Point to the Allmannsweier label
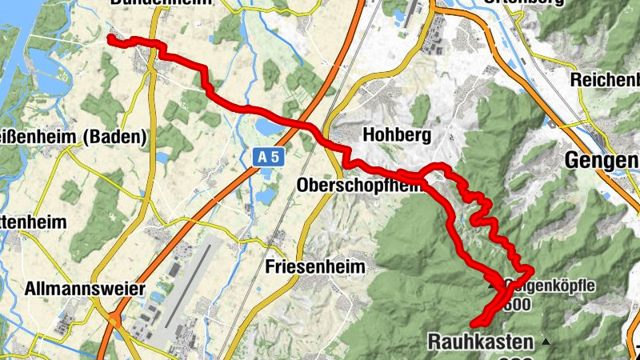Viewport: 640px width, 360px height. click(x=85, y=288)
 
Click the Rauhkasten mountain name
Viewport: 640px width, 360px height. click(x=480, y=342)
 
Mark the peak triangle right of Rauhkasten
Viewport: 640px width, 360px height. click(x=546, y=342)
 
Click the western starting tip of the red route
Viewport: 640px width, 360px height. click(x=110, y=38)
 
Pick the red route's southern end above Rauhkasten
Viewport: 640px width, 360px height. click(x=474, y=324)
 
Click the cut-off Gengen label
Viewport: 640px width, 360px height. click(x=602, y=160)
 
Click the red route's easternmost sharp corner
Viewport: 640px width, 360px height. click(x=531, y=268)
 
